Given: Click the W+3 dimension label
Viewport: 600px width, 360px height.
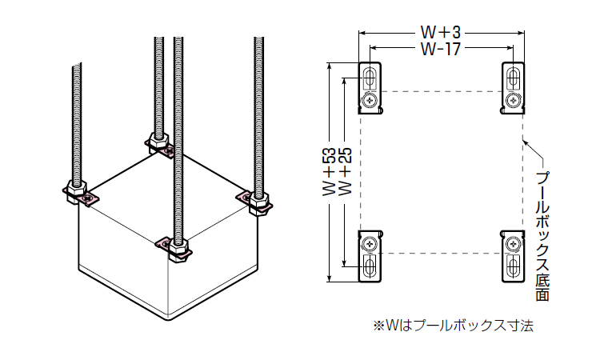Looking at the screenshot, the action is point(441,32).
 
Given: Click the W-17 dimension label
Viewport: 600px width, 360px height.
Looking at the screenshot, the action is point(441,49).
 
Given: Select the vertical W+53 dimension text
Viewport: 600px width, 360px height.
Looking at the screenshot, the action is point(329,172).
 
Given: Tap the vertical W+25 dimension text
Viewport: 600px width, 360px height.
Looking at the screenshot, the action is point(346,172).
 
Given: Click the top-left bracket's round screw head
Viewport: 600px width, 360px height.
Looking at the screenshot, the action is point(370,101).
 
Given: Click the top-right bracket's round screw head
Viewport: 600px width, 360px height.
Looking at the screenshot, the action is point(513,101).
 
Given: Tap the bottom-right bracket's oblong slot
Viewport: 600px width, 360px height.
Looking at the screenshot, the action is point(513,265).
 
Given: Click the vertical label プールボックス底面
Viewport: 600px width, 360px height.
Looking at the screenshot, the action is point(542,236).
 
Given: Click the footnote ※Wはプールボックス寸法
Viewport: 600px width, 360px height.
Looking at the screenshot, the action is point(453,326).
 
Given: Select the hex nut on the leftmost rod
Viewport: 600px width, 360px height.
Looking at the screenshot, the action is point(77,190).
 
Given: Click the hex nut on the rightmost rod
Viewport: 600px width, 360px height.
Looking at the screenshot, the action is point(259,203).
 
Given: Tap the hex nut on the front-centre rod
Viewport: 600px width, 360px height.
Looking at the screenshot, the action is point(178,249).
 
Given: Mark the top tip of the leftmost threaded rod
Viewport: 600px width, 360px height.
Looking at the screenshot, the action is point(77,65).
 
